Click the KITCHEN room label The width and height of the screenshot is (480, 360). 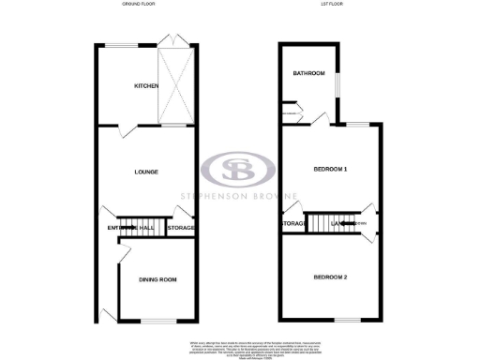pyautogui.click(x=146, y=86)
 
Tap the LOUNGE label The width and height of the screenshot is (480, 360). pyautogui.click(x=145, y=172)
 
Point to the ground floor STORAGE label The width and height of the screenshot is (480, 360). pyautogui.click(x=180, y=228)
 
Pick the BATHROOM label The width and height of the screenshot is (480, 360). pyautogui.click(x=307, y=74)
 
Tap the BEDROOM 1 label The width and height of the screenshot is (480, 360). pyautogui.click(x=330, y=170)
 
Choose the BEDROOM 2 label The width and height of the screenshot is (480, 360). pyautogui.click(x=330, y=277)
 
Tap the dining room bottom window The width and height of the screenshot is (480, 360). pyautogui.click(x=150, y=322)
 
